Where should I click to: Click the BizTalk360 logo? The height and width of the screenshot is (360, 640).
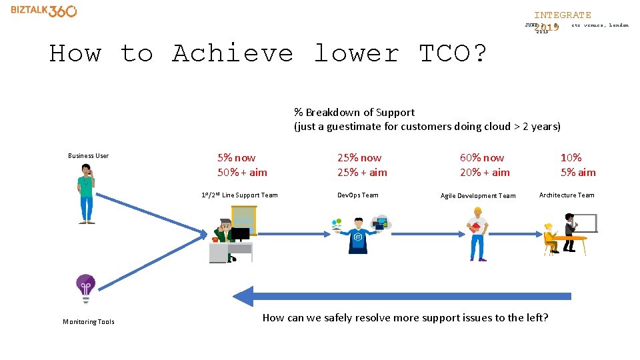point(44,11)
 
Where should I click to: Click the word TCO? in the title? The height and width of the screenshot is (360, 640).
point(453,53)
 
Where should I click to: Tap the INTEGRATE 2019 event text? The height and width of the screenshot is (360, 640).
point(561,15)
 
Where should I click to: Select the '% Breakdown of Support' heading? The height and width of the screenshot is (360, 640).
point(354,113)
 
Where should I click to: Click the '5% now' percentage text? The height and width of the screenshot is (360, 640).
point(236,158)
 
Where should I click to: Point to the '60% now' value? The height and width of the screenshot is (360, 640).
point(482,158)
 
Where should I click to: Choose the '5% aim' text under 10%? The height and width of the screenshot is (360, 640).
point(578,173)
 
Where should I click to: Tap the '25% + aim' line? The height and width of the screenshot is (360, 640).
point(362,173)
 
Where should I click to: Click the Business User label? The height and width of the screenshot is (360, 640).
point(88,156)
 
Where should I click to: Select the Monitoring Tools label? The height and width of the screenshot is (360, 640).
point(89,322)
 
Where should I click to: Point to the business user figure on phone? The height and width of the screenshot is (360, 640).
point(86,193)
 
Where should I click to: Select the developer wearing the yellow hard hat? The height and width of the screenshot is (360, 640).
point(477,233)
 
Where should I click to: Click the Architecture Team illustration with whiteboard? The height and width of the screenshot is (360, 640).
point(570,233)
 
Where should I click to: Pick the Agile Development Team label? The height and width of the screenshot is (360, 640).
point(478,196)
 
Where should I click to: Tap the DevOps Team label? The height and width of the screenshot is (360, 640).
point(357,195)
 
